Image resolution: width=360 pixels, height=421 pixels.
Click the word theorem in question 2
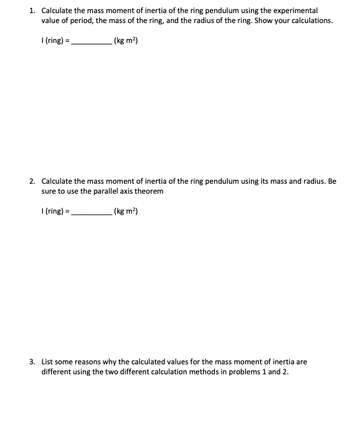click(151, 191)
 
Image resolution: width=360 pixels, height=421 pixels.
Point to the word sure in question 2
click(49, 191)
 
